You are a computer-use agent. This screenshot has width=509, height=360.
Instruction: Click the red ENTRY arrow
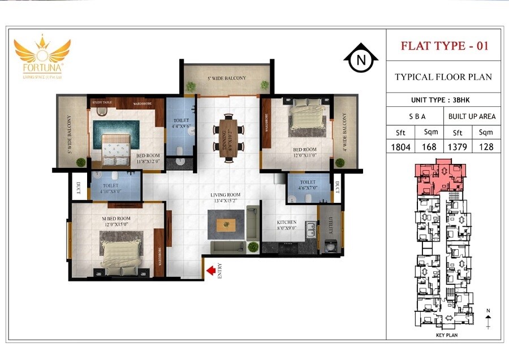(x=211, y=272)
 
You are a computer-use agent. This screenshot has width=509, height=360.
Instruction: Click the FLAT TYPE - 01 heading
(x=444, y=46)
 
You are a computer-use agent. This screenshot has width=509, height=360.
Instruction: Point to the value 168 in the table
(x=429, y=146)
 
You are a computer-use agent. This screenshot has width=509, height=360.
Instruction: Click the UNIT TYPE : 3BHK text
(x=443, y=99)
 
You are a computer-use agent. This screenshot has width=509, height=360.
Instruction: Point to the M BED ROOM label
(x=116, y=218)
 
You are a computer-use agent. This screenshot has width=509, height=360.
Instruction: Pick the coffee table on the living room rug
(x=227, y=224)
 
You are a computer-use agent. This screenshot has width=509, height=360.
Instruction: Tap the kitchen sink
(x=310, y=229)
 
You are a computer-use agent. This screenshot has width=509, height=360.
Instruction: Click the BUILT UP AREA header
(x=472, y=116)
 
